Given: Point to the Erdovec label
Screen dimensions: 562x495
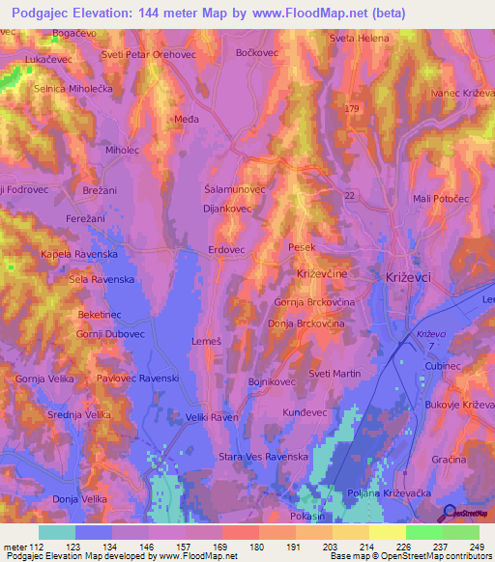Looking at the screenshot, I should point(228,249).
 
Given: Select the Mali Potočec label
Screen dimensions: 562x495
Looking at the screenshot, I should point(441,199).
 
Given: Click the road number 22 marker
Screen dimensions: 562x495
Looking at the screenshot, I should point(349,196).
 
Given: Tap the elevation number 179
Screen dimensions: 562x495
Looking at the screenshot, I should point(351,107).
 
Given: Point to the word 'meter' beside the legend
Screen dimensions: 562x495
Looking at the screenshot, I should point(17,547).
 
